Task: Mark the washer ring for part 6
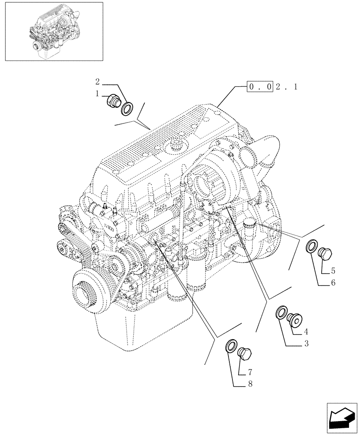[311, 247]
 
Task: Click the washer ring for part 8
[230, 346]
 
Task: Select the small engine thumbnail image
[53, 31]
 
